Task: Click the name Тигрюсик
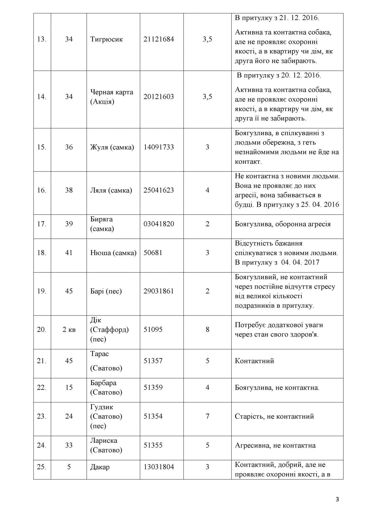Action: [x=107, y=39]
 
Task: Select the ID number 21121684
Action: [x=159, y=39]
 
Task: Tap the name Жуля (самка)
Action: [x=112, y=147]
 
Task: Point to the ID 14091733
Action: [x=159, y=147]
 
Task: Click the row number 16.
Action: [x=42, y=190]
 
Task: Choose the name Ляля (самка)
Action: [x=111, y=190]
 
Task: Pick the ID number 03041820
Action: [x=159, y=224]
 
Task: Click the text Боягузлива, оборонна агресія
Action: [x=283, y=224]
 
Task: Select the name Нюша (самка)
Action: [x=113, y=253]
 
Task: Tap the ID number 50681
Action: [x=153, y=253]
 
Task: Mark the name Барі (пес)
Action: [x=106, y=291]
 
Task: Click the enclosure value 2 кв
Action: [x=69, y=329]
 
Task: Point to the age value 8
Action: [x=207, y=329]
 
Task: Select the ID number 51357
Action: [x=153, y=361]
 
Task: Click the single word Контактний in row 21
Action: [x=254, y=361]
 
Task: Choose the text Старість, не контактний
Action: [x=274, y=416]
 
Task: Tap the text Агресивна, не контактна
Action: [x=275, y=445]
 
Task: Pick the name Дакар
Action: [x=100, y=467]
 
